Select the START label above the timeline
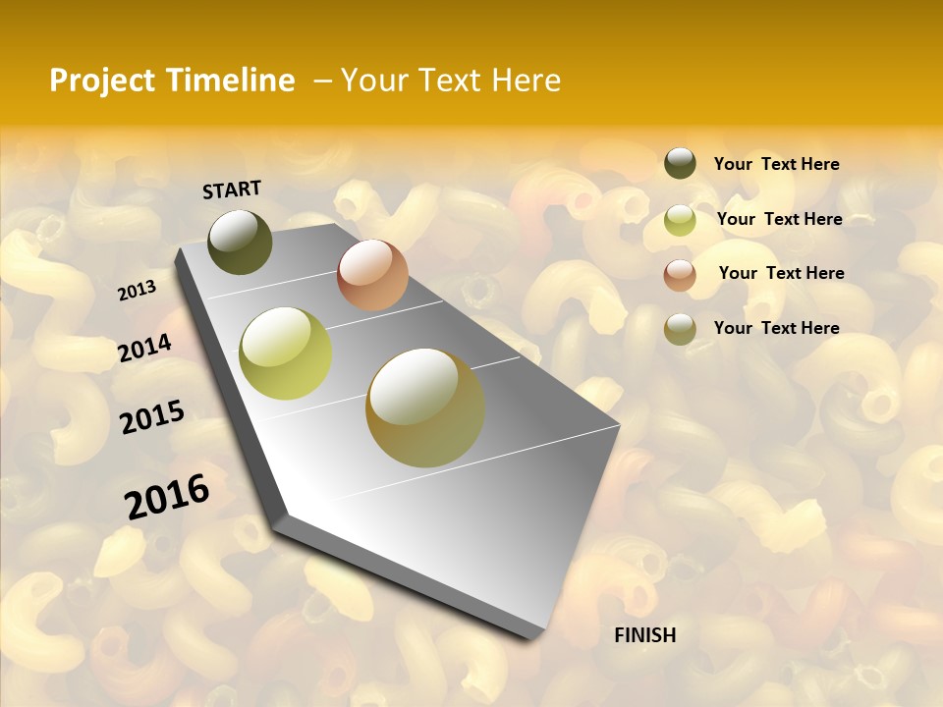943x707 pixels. (232, 190)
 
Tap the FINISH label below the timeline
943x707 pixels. (644, 635)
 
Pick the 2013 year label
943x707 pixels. (137, 291)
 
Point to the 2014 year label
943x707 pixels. (144, 348)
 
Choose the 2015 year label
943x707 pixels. (152, 417)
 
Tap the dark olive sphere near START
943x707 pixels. (240, 242)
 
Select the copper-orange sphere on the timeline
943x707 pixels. (372, 275)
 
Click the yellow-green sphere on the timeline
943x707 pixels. (286, 353)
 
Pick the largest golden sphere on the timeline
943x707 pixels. (425, 408)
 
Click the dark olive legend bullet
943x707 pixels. (680, 163)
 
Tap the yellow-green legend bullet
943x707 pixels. (680, 220)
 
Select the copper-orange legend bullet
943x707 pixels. (680, 275)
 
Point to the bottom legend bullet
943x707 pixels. (680, 329)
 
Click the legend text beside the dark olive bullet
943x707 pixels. (776, 165)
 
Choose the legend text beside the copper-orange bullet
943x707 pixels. (781, 273)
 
